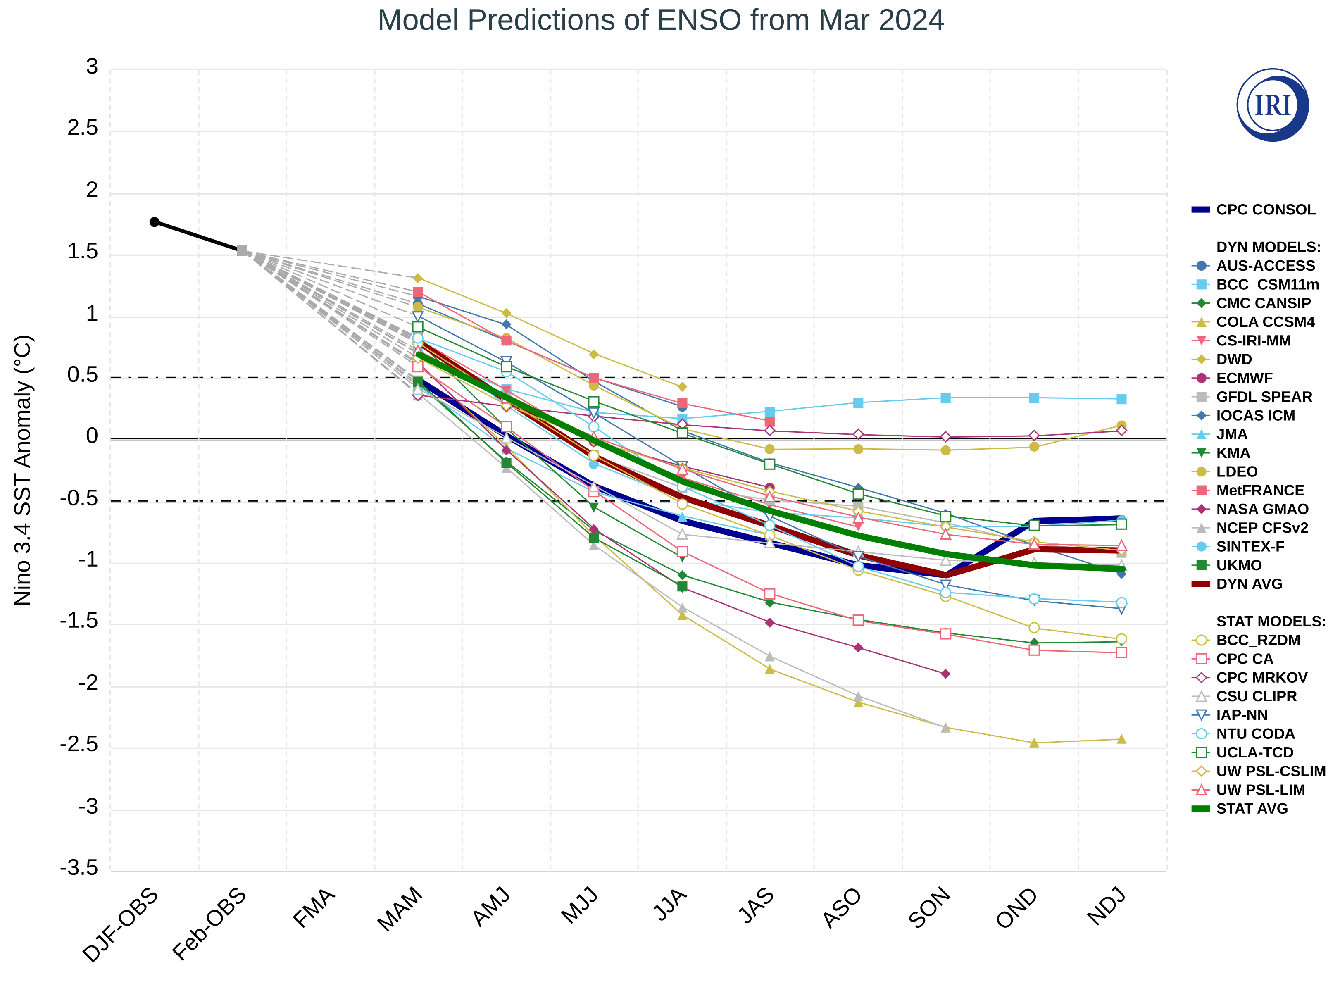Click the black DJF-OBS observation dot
(x=155, y=222)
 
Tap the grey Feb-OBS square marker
(x=242, y=251)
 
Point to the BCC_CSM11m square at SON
(x=945, y=398)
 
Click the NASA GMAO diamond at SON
(x=945, y=674)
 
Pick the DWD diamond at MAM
(x=418, y=278)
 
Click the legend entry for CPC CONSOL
(x=1265, y=210)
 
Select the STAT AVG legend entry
(x=1252, y=808)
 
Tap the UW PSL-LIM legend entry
(x=1260, y=790)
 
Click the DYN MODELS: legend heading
(x=1268, y=247)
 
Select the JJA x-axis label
(x=670, y=905)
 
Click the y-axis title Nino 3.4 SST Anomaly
(x=23, y=470)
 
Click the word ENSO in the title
(x=699, y=20)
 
